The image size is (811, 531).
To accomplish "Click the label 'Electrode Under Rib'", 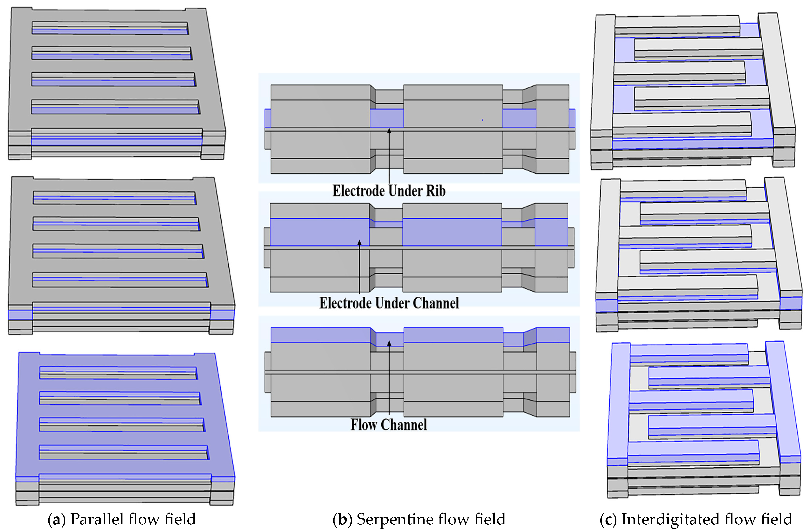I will coord(389,191).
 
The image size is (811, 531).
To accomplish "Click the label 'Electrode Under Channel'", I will coord(389,303).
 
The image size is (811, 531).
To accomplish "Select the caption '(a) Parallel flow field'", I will coord(122,519).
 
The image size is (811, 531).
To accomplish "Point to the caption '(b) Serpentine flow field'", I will coord(419,519).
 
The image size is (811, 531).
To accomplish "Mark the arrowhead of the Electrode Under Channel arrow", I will coord(359,242).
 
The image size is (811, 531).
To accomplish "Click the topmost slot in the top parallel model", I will coord(110,28).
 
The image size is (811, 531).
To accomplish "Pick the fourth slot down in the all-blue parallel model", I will coord(123,452).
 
